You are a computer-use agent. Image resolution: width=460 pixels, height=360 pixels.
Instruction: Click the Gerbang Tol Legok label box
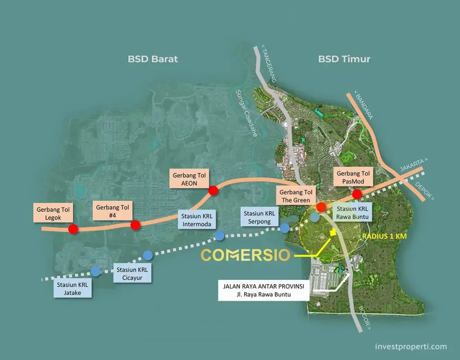click(53, 213)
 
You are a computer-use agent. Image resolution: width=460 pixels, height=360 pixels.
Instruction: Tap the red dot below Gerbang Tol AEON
click(213, 191)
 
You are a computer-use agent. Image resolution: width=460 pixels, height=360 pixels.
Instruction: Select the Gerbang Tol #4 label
click(112, 211)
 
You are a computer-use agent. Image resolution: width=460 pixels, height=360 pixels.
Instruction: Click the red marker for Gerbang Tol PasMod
click(357, 194)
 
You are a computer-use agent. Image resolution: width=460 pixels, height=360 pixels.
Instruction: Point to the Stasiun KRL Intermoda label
click(197, 220)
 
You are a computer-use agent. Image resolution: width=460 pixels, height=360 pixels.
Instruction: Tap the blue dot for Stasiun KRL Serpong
click(284, 228)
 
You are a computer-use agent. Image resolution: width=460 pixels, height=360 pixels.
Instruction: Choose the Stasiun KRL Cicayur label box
click(132, 273)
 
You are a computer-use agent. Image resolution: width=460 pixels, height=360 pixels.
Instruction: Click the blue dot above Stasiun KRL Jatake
click(95, 272)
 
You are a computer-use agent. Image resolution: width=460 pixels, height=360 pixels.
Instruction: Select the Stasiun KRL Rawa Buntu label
click(352, 212)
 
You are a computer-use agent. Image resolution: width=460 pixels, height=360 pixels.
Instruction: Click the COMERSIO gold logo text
click(246, 255)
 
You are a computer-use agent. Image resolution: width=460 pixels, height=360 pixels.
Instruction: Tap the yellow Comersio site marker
click(332, 232)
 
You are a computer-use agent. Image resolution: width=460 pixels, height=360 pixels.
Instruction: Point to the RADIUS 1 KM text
click(385, 236)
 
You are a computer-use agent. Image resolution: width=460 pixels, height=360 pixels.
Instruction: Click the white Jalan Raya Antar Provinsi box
click(263, 290)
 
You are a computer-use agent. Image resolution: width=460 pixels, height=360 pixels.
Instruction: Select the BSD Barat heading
click(153, 59)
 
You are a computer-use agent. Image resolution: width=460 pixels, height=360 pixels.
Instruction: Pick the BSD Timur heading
click(344, 59)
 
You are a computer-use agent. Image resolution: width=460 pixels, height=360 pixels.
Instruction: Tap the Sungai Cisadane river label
click(247, 113)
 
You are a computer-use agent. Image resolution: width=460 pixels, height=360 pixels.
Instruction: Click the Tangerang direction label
click(269, 64)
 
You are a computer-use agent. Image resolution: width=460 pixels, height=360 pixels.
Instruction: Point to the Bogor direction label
click(364, 318)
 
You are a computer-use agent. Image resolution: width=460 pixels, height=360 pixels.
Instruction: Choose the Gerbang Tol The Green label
click(296, 196)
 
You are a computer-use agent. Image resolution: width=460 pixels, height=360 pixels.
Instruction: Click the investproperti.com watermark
click(411, 347)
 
